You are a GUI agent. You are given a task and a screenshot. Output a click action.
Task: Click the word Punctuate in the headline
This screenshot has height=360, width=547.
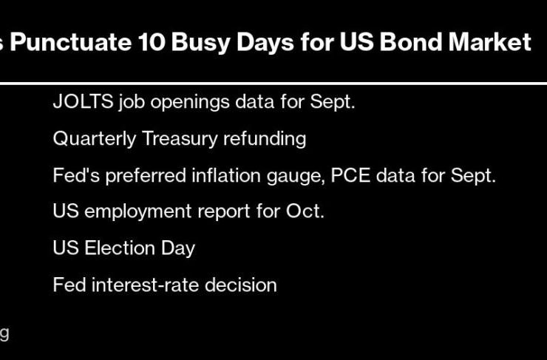point(70,42)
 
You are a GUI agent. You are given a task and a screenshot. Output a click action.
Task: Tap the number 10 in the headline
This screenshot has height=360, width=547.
point(151,42)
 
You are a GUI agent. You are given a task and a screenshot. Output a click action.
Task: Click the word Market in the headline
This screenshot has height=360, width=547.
point(489,42)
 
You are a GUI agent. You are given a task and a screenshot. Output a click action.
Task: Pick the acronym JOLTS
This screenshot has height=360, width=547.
point(83,102)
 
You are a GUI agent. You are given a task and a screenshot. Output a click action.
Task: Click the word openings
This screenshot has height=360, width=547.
point(190,103)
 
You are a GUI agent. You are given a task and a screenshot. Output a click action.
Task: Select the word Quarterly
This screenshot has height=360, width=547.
point(94,139)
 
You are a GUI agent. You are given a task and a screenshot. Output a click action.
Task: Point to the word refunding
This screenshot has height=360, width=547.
point(265,139)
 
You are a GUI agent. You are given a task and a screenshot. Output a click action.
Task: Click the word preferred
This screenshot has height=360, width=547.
point(146,176)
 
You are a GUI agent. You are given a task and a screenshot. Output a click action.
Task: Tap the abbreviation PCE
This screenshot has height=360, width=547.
point(350,175)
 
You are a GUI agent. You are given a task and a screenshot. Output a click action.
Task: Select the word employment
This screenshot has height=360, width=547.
point(137,212)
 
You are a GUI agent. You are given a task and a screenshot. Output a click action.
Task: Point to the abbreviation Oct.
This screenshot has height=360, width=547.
point(305,211)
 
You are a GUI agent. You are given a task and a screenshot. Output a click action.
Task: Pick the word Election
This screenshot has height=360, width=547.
point(120,248)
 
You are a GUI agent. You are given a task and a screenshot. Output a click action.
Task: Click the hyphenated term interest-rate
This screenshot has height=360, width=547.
point(145,285)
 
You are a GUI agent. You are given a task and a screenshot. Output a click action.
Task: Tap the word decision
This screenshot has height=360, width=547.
point(241,285)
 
